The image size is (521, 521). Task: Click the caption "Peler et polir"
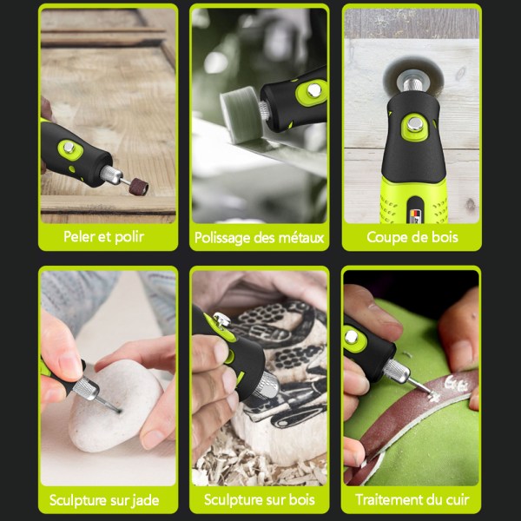pyautogui.click(x=103, y=237)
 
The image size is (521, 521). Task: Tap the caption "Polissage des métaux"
pyautogui.click(x=259, y=238)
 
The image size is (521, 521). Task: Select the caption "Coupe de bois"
pyautogui.click(x=412, y=237)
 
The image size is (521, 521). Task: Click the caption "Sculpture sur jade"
pyautogui.click(x=104, y=500)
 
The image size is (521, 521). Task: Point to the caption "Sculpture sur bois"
pyautogui.click(x=260, y=499)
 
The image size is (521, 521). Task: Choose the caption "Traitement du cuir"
pyautogui.click(x=412, y=499)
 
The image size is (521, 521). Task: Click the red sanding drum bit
pyautogui.click(x=139, y=186)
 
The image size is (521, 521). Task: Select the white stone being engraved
pyautogui.click(x=115, y=407)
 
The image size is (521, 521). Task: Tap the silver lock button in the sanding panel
pyautogui.click(x=69, y=148)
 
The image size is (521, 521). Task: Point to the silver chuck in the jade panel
pyautogui.click(x=86, y=388)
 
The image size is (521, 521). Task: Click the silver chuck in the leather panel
pyautogui.click(x=397, y=371)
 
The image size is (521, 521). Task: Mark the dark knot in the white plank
pyautogui.click(x=471, y=204)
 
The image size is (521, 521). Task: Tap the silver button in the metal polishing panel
pyautogui.click(x=313, y=90)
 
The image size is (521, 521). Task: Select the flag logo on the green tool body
pyautogui.click(x=417, y=216)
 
